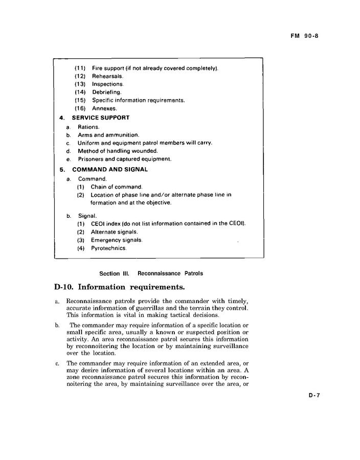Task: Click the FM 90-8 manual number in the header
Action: click(304, 36)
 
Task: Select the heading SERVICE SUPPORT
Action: click(101, 118)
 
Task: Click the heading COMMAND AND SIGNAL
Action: click(110, 169)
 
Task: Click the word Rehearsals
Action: click(107, 76)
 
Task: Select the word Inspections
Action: click(107, 84)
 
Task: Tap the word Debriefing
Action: click(106, 93)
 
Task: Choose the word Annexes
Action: click(104, 108)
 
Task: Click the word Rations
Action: click(88, 127)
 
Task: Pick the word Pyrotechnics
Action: click(108, 248)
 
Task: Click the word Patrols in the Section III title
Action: click(193, 273)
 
